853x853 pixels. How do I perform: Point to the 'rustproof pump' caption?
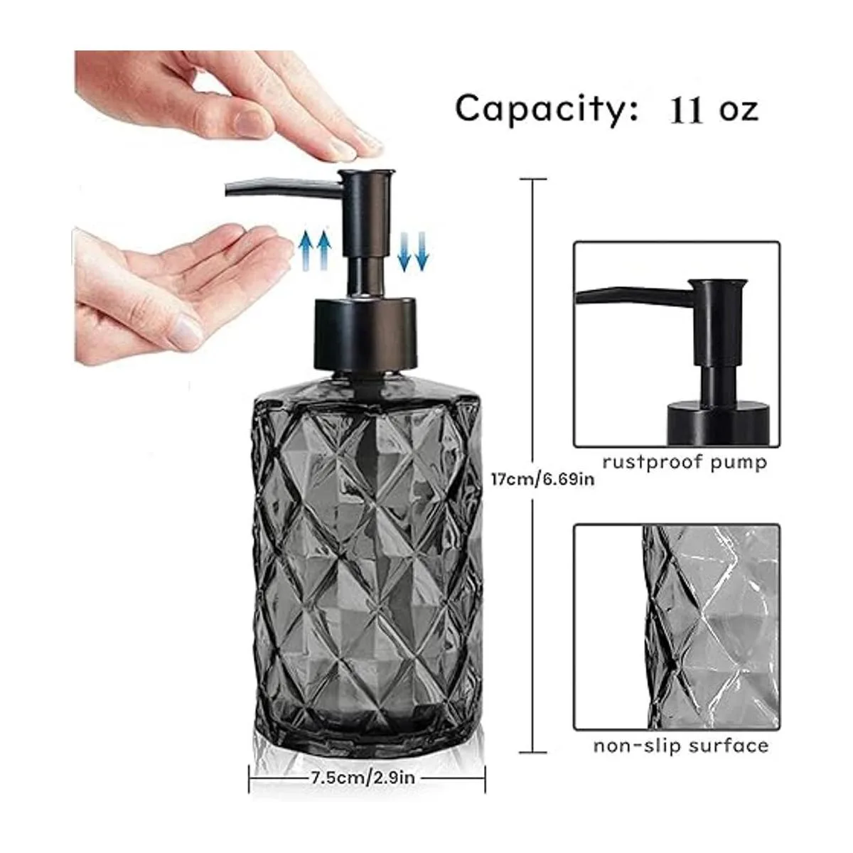(x=685, y=463)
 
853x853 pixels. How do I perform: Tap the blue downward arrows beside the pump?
(x=412, y=252)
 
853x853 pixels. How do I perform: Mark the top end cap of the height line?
(x=532, y=179)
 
